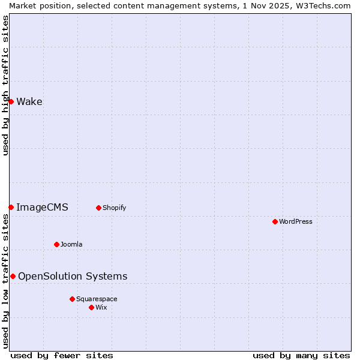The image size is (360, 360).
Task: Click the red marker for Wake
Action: [x=11, y=101]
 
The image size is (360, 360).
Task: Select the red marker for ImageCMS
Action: [x=11, y=207]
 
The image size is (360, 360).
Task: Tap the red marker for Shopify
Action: [x=98, y=208]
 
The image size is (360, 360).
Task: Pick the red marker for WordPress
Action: [x=275, y=221]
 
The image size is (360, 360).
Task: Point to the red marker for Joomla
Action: [x=56, y=244]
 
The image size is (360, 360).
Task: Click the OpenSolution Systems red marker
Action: [x=13, y=276]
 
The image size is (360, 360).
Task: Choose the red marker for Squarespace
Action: [x=72, y=299]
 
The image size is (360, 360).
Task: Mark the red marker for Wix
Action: [x=91, y=307]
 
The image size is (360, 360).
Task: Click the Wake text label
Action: [x=29, y=101]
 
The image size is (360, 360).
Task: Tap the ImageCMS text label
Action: [x=42, y=207]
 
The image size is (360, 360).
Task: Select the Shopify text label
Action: [x=114, y=208]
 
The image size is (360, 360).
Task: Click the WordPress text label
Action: [x=295, y=221]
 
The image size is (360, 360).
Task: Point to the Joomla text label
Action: [x=71, y=244]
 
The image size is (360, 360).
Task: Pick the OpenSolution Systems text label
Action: [x=73, y=276]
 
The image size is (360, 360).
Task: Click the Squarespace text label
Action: [x=97, y=299]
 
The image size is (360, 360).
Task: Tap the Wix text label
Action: [x=101, y=307]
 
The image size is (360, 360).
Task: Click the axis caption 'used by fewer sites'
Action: [x=62, y=355]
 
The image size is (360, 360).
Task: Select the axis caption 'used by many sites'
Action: [x=301, y=355]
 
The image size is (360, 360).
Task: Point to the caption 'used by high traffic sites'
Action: [x=5, y=85]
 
